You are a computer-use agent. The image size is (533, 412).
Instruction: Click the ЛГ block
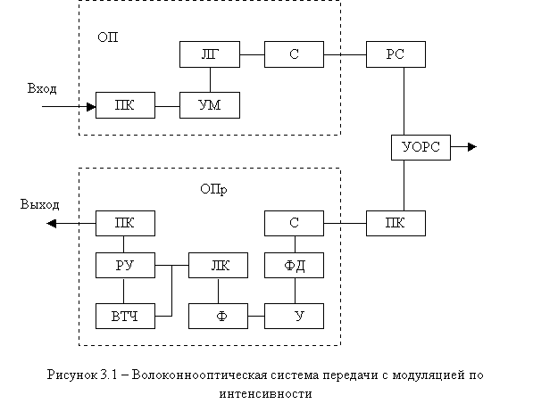click(210, 54)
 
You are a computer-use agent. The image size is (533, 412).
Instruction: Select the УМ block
click(210, 105)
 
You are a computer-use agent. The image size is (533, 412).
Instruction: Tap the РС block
click(396, 54)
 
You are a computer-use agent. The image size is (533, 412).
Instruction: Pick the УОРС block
click(421, 147)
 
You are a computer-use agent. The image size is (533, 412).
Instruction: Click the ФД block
click(294, 265)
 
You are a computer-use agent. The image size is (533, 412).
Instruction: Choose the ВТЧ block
click(125, 317)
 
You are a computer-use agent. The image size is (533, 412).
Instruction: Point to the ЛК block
click(218, 265)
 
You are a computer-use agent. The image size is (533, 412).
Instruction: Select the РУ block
click(125, 265)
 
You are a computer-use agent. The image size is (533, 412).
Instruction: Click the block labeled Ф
click(218, 317)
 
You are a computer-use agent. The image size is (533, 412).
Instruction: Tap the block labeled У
click(294, 317)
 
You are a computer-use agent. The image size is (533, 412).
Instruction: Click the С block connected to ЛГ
click(294, 54)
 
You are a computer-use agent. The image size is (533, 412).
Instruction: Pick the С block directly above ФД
click(294, 223)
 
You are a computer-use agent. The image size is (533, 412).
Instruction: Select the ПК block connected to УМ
click(125, 105)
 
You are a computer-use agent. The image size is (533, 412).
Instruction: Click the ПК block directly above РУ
click(125, 223)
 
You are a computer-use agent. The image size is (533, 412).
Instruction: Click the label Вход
click(42, 88)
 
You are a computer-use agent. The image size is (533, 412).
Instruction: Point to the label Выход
click(40, 204)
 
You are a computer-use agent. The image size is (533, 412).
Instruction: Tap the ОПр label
click(213, 189)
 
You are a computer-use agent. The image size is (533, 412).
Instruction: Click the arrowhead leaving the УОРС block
click(472, 147)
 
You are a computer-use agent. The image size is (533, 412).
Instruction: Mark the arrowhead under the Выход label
click(51, 224)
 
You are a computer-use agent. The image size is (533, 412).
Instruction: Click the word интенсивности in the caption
click(265, 394)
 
